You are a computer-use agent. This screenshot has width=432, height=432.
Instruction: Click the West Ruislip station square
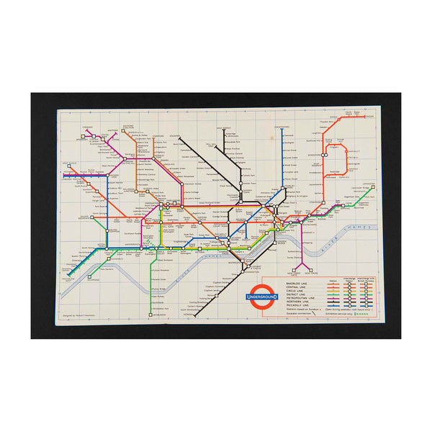coord(66,174)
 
